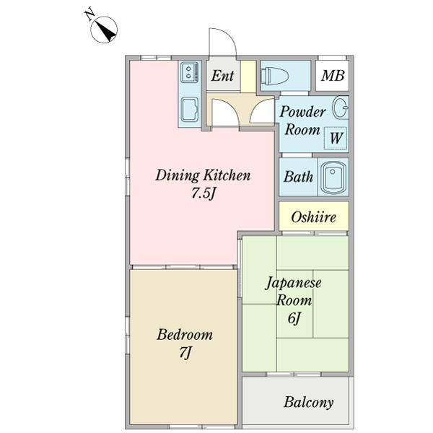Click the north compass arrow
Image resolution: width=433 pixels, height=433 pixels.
point(108,30)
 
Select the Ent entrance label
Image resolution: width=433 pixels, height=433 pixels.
point(222,76)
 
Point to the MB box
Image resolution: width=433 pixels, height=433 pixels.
point(332,76)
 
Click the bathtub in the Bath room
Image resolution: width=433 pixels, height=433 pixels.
point(333,177)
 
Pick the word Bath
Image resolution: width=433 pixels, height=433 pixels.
point(297,177)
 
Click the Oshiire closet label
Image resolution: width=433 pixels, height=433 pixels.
point(313,216)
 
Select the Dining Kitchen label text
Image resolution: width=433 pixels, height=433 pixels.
point(204,175)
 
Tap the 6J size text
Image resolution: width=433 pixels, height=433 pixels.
point(296,318)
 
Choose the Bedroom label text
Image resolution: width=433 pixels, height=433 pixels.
point(185,335)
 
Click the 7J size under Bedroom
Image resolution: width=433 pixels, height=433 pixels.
point(185,353)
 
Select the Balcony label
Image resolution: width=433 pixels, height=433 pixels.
point(308,402)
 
